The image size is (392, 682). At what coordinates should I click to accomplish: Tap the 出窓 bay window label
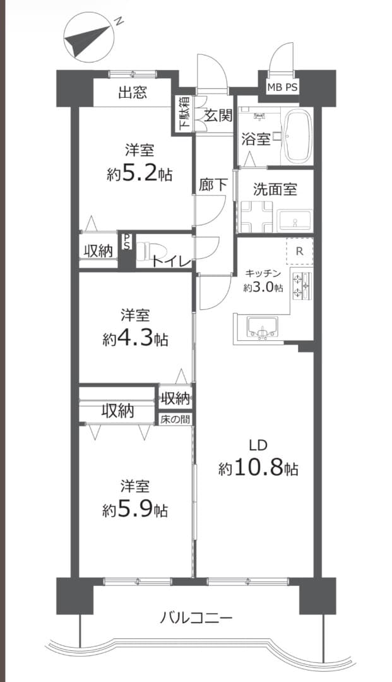click(133, 92)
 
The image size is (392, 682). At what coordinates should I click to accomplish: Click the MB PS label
click(283, 87)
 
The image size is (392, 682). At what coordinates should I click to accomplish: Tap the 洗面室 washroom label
click(275, 189)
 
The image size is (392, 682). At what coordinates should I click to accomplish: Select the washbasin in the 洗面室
click(295, 220)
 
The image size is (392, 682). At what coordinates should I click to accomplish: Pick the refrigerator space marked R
click(299, 251)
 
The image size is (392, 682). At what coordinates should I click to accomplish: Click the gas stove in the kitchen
click(302, 286)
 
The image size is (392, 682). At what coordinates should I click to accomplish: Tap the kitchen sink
click(262, 327)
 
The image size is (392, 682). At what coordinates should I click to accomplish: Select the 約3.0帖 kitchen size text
click(263, 287)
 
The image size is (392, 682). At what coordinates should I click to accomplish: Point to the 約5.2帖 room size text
click(140, 174)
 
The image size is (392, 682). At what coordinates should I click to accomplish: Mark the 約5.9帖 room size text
click(135, 510)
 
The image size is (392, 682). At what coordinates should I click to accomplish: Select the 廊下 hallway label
click(213, 185)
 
